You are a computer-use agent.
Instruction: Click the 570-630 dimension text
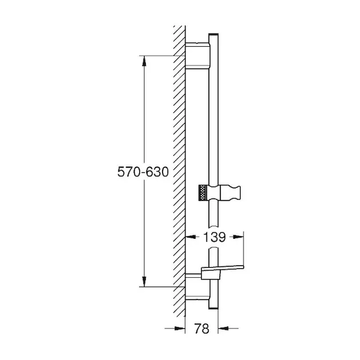point(143,172)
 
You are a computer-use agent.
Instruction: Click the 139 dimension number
point(215,237)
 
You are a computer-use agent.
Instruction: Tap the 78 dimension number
point(202,329)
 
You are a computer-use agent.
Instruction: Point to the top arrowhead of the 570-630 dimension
point(144,61)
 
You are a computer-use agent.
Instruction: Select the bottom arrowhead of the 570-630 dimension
point(144,282)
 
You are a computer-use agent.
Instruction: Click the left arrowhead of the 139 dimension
point(191,237)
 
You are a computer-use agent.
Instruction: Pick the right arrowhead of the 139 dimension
point(238,237)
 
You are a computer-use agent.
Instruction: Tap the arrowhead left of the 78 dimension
point(180,328)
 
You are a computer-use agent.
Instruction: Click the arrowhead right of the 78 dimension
point(223,328)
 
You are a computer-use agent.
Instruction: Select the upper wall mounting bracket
point(197,55)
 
